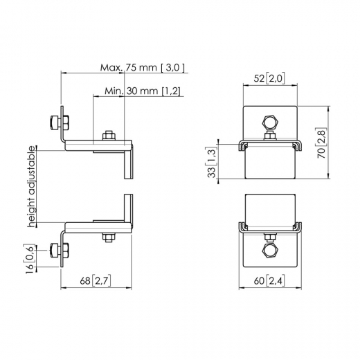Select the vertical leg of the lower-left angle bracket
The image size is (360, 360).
[128, 209]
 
